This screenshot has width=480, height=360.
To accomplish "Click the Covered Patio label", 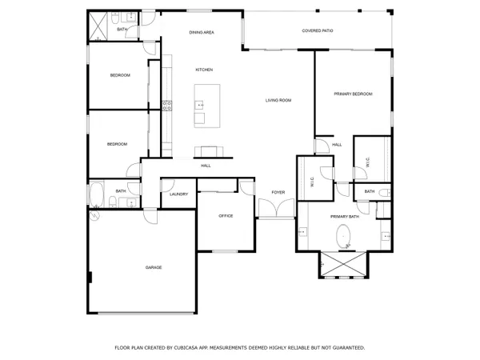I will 318,30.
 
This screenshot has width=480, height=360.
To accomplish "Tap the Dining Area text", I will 201,32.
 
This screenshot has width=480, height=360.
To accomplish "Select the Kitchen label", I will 204,70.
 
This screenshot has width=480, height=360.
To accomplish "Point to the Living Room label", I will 278,100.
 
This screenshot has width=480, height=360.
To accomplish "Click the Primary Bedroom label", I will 353,94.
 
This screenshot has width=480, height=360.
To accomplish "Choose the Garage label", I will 153,266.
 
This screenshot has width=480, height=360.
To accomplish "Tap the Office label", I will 226,215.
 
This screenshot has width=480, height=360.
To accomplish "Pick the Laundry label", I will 178,194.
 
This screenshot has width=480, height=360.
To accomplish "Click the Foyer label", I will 278,192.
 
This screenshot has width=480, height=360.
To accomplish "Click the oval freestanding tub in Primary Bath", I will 345,236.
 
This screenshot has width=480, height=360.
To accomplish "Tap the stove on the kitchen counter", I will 167,104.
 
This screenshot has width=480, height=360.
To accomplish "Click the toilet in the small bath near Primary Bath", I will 385,192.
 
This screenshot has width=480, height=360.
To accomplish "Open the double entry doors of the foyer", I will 277,210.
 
